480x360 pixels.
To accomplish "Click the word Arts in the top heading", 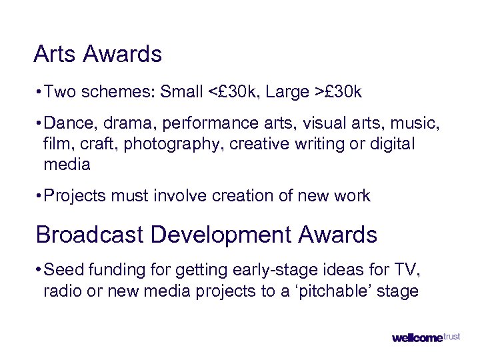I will (55, 54).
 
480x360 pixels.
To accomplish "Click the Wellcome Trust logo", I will (426, 337).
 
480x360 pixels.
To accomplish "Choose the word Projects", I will (71, 195).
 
